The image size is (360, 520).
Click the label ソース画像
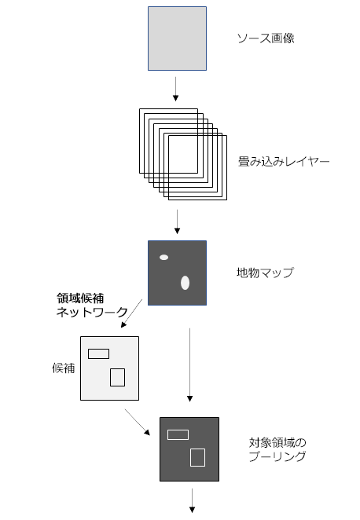pos(266,38)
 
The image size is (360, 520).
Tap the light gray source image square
pos(177,38)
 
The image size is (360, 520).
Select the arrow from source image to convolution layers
pos(175,89)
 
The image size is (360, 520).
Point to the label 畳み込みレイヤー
pos(284,162)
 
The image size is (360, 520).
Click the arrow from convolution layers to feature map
pos(177,222)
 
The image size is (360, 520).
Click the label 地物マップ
pos(265,273)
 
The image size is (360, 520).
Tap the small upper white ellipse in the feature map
pos(164,258)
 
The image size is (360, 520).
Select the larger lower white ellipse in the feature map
pos(186,283)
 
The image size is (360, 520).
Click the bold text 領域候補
pos(80,298)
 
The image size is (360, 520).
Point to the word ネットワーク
pos(92,312)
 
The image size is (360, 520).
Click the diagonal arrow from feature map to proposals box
pos(132,313)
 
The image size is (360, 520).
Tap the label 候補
pos(64,368)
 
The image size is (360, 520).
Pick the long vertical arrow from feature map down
pos(189,364)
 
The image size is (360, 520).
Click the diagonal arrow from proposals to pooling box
pos(138,422)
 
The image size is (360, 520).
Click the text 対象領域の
pos(277,442)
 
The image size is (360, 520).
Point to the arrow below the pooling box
pos(192,500)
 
